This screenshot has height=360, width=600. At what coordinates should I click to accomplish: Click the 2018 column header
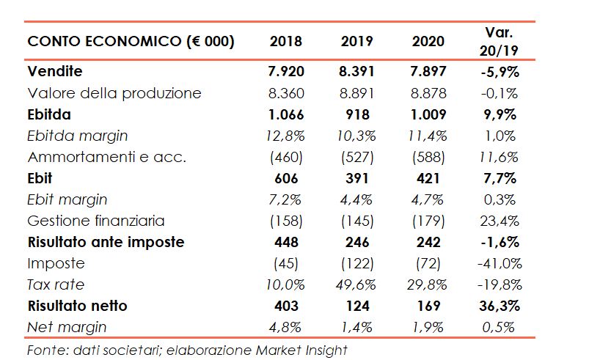tap(286, 42)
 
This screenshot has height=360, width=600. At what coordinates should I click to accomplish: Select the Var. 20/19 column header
tap(499, 41)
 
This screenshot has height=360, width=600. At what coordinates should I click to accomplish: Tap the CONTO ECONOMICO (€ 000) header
tap(131, 42)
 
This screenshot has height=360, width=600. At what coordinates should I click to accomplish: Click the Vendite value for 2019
tap(357, 72)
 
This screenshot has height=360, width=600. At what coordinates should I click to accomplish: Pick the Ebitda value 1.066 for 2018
tap(286, 114)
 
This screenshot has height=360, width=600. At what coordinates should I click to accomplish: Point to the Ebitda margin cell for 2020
tap(428, 136)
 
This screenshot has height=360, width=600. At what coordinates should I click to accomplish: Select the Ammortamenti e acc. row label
tap(107, 157)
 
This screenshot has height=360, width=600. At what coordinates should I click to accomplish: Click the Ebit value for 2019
tap(357, 178)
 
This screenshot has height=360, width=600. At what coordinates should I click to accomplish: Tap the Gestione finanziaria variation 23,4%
tap(499, 221)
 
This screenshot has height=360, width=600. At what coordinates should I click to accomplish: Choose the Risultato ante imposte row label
tap(106, 242)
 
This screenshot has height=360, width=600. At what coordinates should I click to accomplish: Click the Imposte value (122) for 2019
tap(357, 263)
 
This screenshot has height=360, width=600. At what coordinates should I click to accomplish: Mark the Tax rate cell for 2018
tap(286, 284)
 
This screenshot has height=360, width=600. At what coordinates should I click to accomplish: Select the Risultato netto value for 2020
tap(428, 306)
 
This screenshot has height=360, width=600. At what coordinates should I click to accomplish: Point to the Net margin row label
tap(67, 327)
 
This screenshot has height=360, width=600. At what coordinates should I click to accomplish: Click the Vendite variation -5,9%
tap(499, 72)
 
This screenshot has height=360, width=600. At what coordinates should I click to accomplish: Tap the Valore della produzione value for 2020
tap(428, 93)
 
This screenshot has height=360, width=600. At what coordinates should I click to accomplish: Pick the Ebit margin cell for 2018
tap(286, 199)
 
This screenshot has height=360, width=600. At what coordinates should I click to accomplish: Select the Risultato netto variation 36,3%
tap(499, 306)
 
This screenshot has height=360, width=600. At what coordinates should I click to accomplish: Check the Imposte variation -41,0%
tap(499, 263)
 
